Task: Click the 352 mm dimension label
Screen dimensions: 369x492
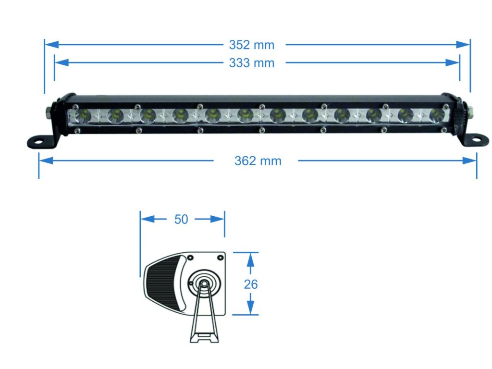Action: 251,45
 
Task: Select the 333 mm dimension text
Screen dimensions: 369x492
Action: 251,63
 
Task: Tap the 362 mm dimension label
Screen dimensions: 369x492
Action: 258,161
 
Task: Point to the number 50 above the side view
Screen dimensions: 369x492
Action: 181,220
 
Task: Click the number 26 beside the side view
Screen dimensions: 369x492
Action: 251,284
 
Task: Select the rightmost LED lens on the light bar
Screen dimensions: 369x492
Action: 436,115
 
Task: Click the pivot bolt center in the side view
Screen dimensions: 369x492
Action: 204,283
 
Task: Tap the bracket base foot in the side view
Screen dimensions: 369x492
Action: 205,338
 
